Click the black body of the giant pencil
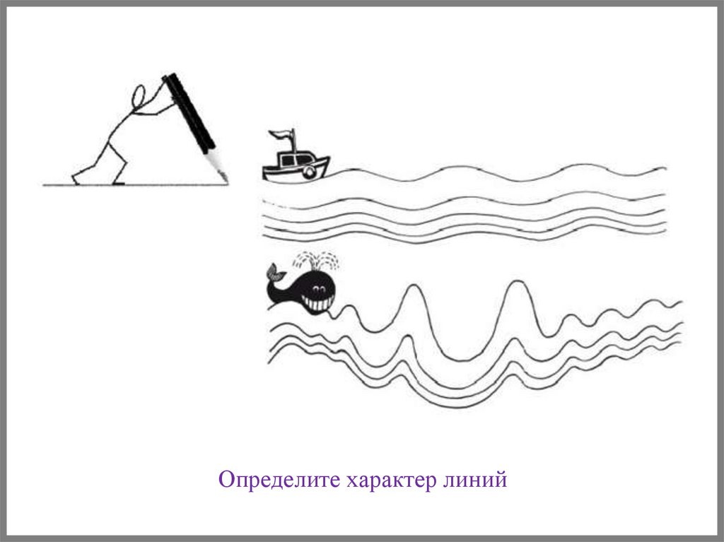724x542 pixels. [189, 112]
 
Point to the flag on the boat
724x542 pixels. [281, 135]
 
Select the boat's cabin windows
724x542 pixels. [293, 160]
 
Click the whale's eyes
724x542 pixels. [317, 289]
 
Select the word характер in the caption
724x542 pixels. [390, 481]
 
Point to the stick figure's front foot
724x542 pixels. [119, 182]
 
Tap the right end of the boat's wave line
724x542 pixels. [665, 168]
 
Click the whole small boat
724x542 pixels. [296, 156]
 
